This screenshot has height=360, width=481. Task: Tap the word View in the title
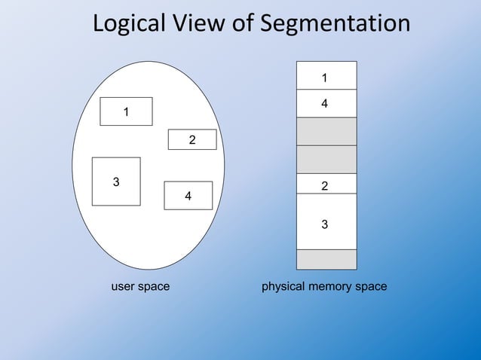[x=195, y=24]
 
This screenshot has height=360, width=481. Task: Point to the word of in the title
[x=240, y=24]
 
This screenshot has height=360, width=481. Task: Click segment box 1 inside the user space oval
[x=127, y=111]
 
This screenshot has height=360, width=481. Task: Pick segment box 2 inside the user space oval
[x=192, y=139]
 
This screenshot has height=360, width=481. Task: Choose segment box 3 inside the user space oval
[x=116, y=182]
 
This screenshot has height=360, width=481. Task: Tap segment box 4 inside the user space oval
[x=188, y=195]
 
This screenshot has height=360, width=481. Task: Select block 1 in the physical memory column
[x=326, y=75]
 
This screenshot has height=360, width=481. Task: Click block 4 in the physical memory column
[x=326, y=103]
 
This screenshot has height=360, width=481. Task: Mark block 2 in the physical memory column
[x=326, y=184]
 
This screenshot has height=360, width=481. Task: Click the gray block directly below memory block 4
[x=326, y=131]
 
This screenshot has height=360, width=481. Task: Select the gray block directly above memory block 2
[x=326, y=159]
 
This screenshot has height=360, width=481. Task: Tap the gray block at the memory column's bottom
[x=326, y=259]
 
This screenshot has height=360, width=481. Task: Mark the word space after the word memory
[x=372, y=287]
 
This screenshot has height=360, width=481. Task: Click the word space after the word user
[x=155, y=287]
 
